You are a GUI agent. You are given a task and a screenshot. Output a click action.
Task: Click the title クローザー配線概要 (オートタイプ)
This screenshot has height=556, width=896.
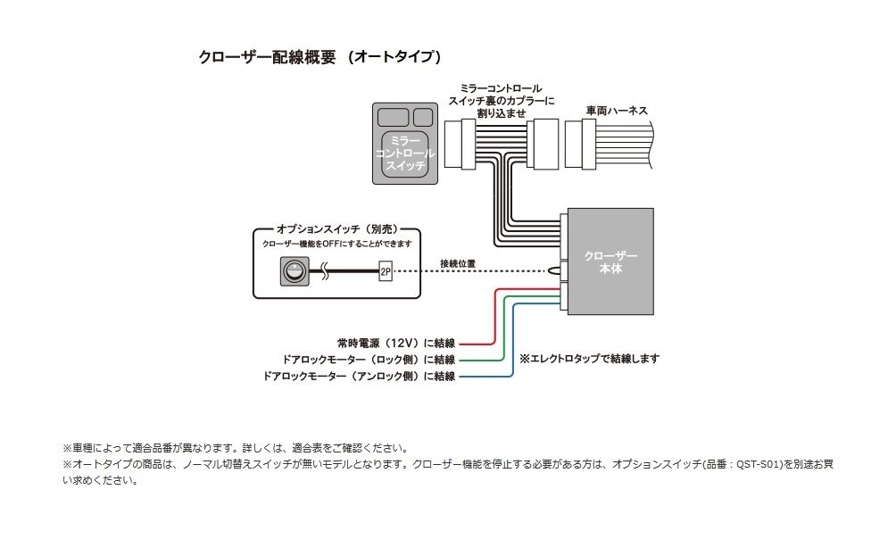pos(320,57)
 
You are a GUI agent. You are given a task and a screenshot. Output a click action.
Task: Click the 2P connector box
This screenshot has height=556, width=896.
pos(386,271)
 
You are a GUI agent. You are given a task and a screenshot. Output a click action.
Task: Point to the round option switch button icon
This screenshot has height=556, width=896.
pos(292,271)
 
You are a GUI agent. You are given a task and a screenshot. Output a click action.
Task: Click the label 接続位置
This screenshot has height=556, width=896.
pos(458,264)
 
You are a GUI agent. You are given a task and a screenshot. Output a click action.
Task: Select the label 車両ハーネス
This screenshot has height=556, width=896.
pos(617,111)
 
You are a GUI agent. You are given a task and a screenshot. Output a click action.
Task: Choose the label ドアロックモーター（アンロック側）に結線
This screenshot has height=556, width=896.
pos(360,377)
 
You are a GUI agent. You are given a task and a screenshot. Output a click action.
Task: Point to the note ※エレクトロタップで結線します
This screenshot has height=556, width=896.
pos(589,359)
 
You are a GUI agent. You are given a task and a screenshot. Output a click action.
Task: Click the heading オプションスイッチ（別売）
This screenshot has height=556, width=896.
pos(336,229)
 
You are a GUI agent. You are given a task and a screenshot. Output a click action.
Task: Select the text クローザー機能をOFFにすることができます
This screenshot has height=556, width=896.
pos(336,244)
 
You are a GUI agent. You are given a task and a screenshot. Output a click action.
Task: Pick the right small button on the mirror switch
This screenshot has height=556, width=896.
pos(423,116)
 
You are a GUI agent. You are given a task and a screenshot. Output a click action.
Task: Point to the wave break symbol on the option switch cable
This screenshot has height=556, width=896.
pos(326,271)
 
